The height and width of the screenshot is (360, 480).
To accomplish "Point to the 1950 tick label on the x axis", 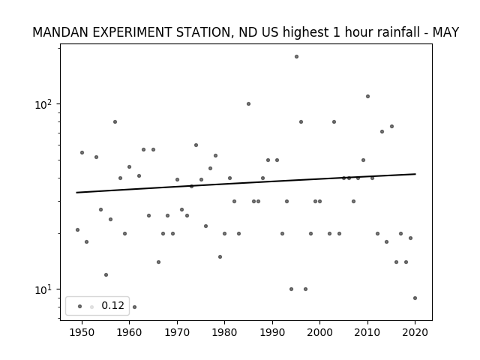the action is tap(82, 332).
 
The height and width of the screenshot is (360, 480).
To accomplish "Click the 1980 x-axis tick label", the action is tap(224, 332).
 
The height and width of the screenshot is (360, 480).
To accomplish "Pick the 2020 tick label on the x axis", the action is tap(415, 332).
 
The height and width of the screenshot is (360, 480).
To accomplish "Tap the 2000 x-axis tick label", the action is tap(320, 332).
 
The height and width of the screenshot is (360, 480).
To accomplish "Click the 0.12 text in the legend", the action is tap(112, 305).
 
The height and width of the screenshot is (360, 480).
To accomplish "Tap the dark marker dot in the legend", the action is tap(80, 307).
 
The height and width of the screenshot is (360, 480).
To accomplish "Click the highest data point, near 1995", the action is tap(296, 57).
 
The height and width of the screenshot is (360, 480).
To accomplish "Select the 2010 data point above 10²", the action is tap(367, 97).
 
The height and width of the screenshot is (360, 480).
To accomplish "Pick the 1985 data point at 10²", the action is tap(248, 104).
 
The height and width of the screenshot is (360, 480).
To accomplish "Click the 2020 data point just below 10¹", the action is tap(415, 298).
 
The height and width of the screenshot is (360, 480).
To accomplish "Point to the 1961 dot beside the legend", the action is tap(134, 307).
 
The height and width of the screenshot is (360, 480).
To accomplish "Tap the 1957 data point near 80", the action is tap(115, 121).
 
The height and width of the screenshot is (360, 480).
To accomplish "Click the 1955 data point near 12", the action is tap(106, 275).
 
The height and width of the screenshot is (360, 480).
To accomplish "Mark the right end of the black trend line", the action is tap(415, 174).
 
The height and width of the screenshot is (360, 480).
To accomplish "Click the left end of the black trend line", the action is tap(76, 193).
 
